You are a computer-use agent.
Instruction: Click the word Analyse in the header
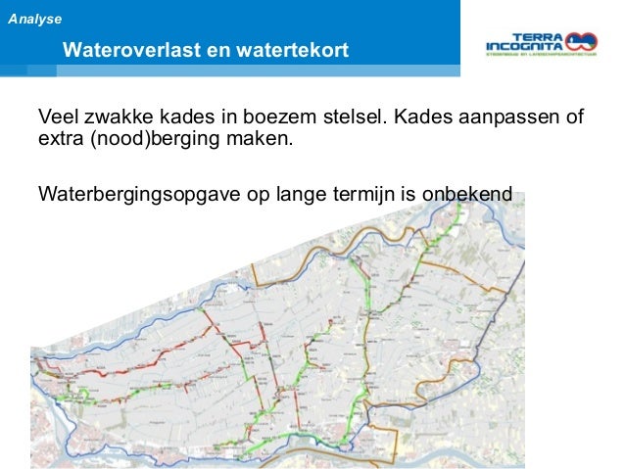coord(34,19)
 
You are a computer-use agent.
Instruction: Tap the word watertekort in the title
coord(281,50)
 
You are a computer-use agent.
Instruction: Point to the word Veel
coord(58,119)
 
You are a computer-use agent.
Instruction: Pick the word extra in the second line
coord(60,140)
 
